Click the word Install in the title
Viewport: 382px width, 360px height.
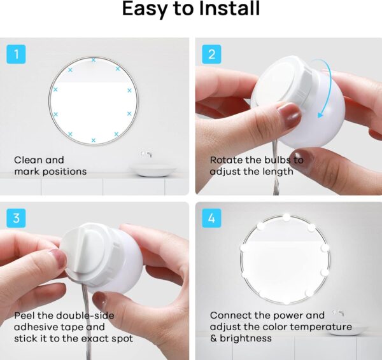[229, 9]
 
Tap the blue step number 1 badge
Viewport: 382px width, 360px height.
[16, 54]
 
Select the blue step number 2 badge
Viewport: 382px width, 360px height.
[212, 54]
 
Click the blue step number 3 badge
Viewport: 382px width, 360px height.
[16, 218]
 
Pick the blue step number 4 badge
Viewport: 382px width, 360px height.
[212, 218]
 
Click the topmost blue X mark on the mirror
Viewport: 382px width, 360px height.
[94, 60]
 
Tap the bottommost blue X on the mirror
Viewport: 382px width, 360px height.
[94, 140]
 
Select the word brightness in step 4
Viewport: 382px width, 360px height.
[246, 338]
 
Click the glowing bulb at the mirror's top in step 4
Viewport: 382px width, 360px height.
[286, 218]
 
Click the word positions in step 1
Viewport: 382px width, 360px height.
[64, 172]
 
